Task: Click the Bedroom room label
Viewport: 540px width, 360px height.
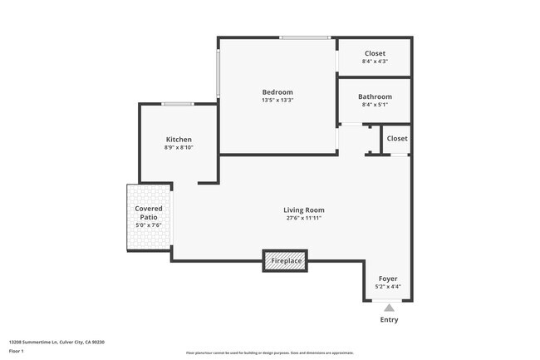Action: tap(277, 92)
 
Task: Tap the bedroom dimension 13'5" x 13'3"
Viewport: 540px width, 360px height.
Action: tap(277, 101)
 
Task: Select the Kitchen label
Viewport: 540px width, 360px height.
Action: tap(179, 140)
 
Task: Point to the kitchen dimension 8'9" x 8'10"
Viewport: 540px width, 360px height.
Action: tap(179, 148)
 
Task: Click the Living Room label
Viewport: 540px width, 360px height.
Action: tap(303, 210)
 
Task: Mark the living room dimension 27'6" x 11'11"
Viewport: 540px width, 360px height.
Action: tap(303, 219)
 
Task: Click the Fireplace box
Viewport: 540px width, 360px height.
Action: tap(286, 261)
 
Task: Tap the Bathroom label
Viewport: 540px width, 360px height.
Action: tap(375, 96)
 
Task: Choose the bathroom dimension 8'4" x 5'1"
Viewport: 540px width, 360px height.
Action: tap(375, 105)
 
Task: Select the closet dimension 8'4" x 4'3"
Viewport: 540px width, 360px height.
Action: tap(375, 62)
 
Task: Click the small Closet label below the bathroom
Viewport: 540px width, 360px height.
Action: tap(397, 139)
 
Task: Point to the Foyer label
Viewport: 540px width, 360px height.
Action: tap(388, 279)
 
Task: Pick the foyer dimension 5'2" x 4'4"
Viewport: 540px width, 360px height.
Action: tap(388, 287)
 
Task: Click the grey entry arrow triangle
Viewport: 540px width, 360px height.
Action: tap(388, 308)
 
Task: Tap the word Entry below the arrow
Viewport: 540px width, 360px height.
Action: tap(388, 319)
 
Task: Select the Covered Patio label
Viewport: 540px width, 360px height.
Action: tap(149, 213)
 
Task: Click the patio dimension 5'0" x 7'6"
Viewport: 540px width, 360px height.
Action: tap(149, 225)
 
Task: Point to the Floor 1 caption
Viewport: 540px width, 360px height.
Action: tap(17, 351)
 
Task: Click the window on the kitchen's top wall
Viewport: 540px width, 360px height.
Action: tap(179, 104)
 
